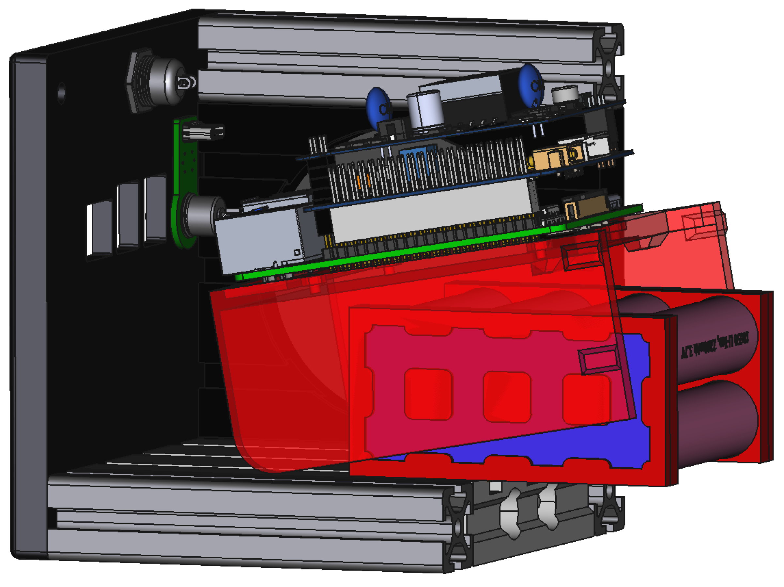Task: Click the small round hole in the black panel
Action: pos(61,93)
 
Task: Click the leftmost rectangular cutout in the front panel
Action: pos(100,229)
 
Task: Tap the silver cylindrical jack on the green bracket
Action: pos(204,215)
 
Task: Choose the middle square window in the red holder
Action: pos(507,397)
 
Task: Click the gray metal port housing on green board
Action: pos(259,241)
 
